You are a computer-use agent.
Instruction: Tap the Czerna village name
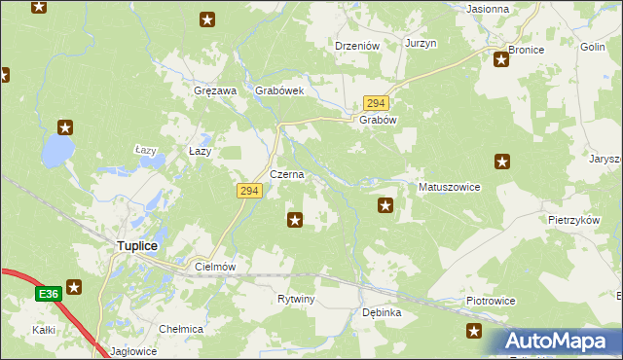(x=287, y=175)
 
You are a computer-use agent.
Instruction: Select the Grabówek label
(x=280, y=91)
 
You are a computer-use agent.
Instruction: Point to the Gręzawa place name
(x=215, y=91)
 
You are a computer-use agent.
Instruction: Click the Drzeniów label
(x=355, y=45)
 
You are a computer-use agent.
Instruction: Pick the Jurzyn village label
(x=421, y=45)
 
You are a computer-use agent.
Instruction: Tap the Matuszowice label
(x=449, y=187)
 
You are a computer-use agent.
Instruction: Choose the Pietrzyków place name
(x=572, y=221)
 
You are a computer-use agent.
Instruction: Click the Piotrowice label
(x=490, y=303)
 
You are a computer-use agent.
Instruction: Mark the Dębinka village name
(x=382, y=313)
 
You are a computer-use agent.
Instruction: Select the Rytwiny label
(x=296, y=299)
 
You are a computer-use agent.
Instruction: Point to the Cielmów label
(x=216, y=267)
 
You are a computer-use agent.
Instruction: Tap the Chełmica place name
(x=181, y=329)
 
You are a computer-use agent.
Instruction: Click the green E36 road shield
(x=48, y=293)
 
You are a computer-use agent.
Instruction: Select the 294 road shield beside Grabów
(x=377, y=103)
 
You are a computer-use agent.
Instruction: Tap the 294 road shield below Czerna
(x=248, y=192)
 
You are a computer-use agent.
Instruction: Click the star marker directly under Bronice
(x=501, y=60)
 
